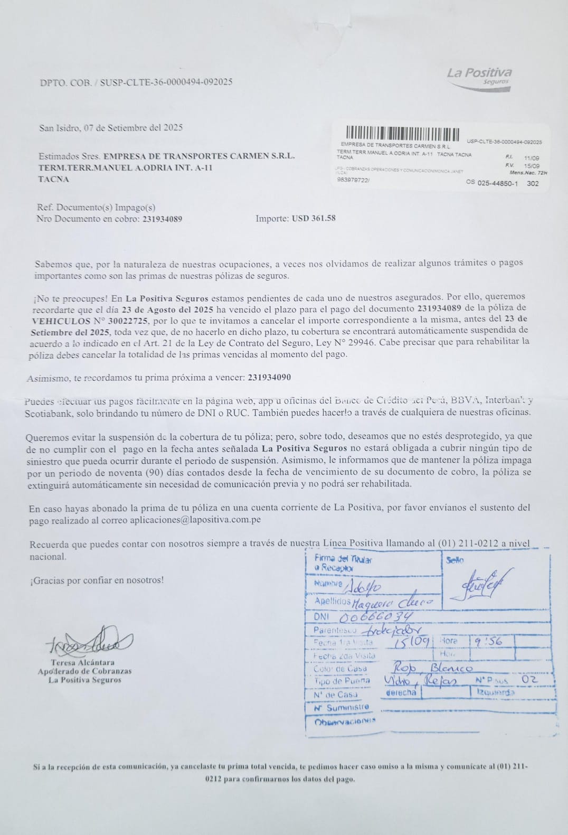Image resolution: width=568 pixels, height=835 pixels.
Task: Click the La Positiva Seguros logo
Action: [x=479, y=78]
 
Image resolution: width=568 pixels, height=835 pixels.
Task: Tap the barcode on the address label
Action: [x=403, y=134]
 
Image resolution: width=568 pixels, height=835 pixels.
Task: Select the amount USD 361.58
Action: [x=314, y=218]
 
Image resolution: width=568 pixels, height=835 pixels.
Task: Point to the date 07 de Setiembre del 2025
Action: [x=133, y=127]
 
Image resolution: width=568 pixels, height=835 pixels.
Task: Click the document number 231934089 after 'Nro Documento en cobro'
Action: [x=162, y=219]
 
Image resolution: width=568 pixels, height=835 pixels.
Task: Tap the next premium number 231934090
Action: [x=269, y=378]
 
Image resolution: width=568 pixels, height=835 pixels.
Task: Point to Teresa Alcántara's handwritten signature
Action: [x=90, y=641]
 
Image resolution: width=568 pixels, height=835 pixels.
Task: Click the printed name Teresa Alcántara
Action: [x=82, y=662]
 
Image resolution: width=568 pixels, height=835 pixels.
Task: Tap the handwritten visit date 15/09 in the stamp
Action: [x=414, y=642]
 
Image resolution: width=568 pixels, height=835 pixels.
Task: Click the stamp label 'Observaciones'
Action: [x=345, y=720]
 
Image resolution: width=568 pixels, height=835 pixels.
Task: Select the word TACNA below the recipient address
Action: [x=53, y=179]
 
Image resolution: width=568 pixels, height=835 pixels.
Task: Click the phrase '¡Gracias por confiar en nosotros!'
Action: [x=97, y=580]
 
